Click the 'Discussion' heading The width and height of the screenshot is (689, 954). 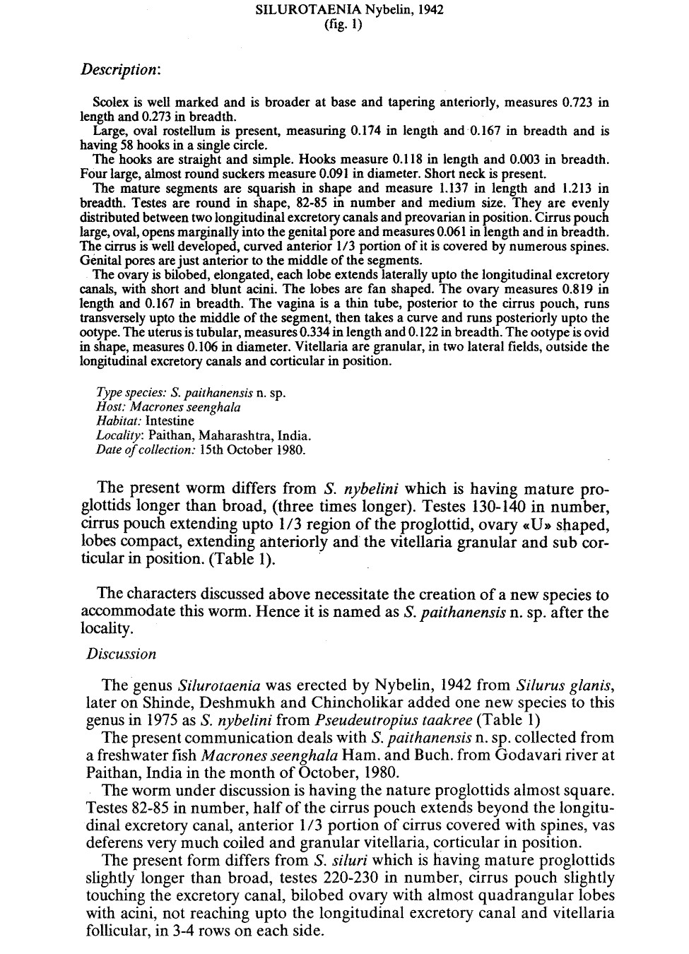(x=122, y=654)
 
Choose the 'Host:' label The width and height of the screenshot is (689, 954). (x=110, y=407)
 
